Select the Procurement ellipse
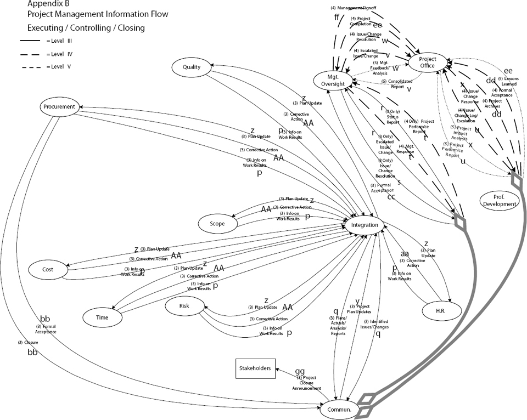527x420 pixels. tap(61, 107)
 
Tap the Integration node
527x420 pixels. tap(365, 225)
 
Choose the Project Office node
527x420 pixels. tap(427, 62)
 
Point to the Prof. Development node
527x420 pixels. tap(499, 200)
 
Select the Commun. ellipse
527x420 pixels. tap(339, 409)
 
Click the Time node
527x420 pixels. tap(102, 317)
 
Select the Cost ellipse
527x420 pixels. tap(48, 269)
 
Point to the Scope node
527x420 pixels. tap(217, 223)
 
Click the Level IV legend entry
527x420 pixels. tap(47, 54)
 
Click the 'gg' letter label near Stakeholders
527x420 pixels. tap(300, 371)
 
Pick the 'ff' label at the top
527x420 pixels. tap(337, 17)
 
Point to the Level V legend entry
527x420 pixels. tap(47, 66)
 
